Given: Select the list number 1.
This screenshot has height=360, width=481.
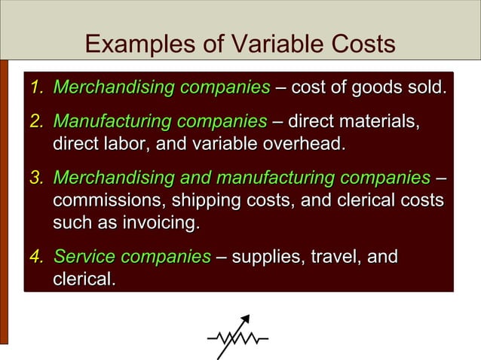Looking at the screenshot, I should (x=35, y=88).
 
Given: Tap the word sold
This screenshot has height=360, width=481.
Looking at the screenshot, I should (x=424, y=88).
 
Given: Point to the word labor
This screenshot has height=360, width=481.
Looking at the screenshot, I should (x=130, y=143).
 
